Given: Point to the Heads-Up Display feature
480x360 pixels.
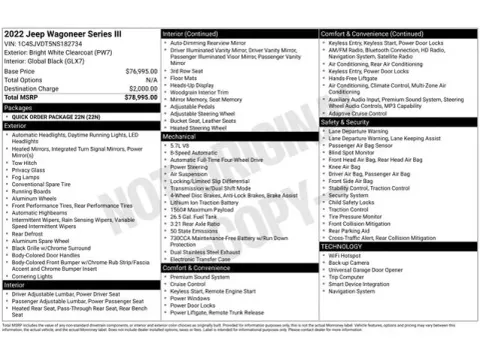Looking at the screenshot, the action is (194, 85).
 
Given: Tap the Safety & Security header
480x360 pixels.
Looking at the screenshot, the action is (350, 122).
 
